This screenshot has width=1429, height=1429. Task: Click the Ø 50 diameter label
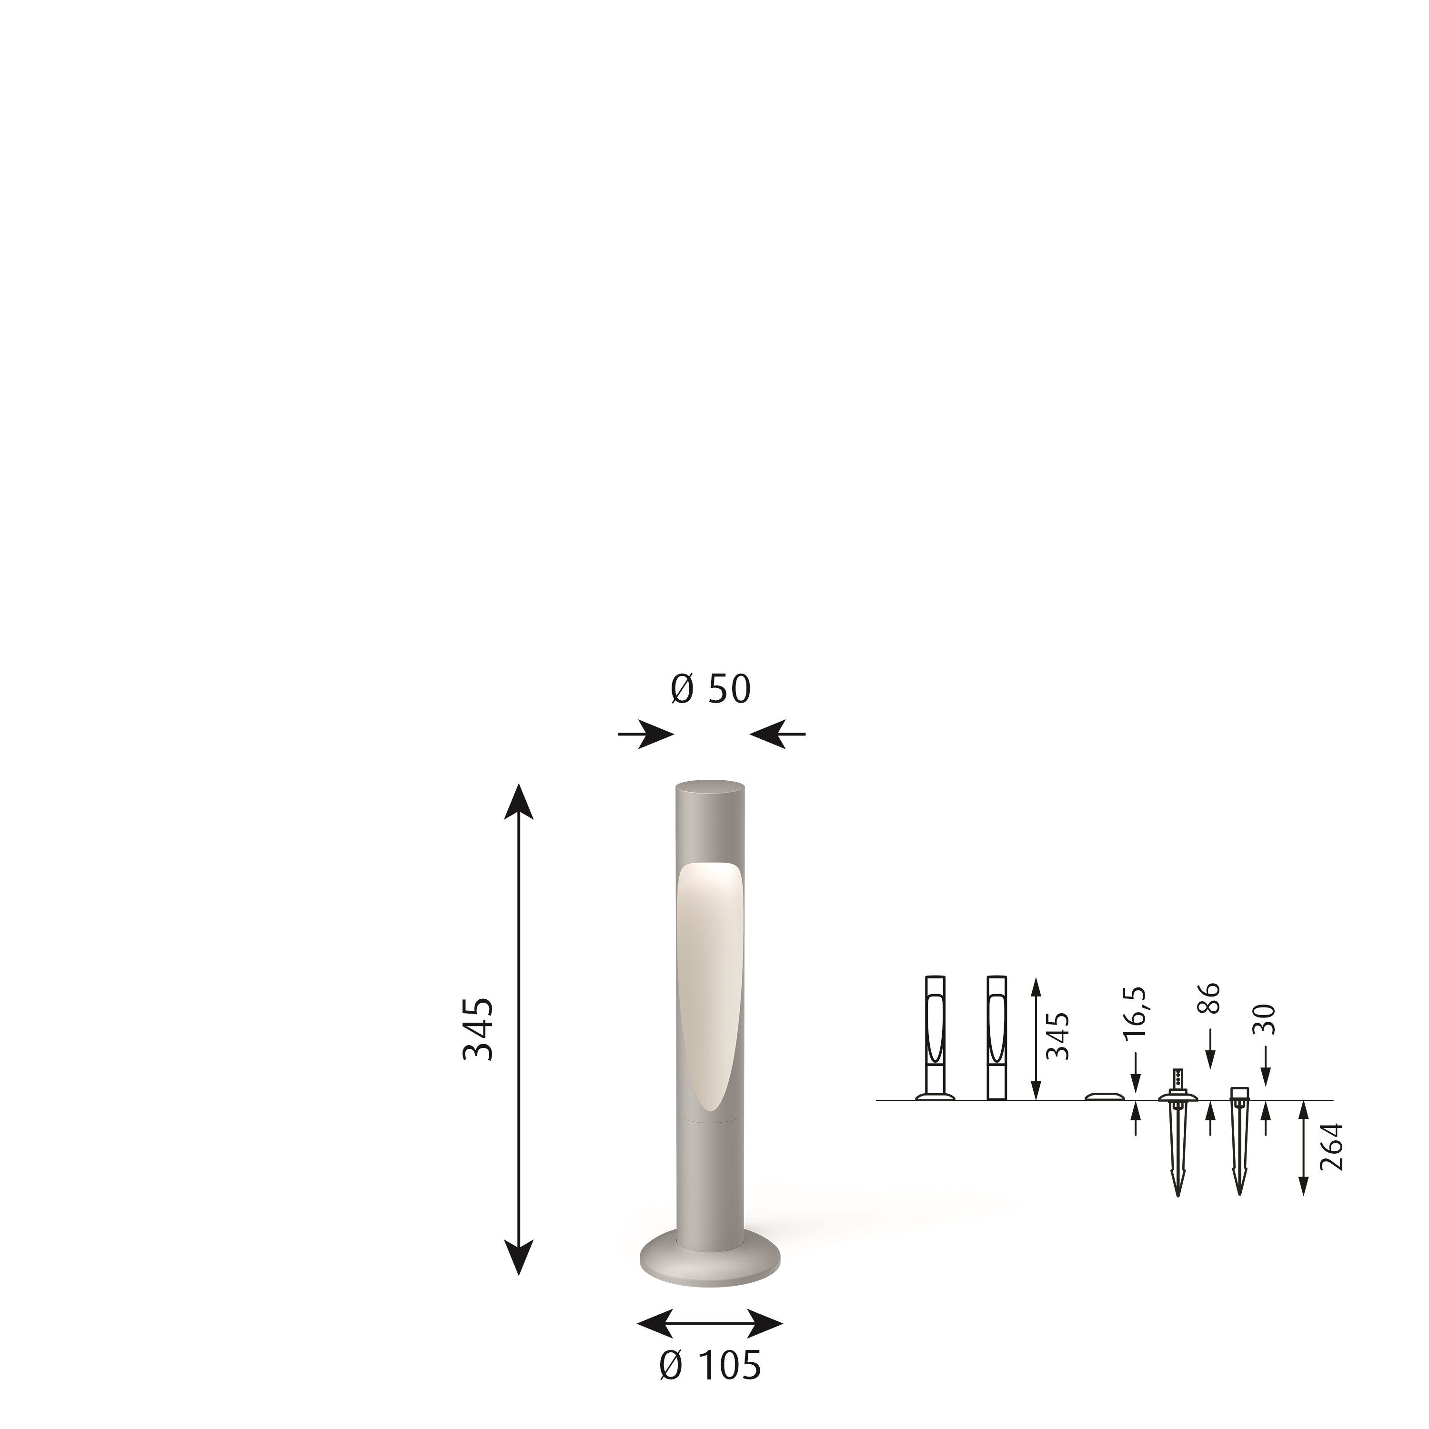710,689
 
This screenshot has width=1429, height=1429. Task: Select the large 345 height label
478,1029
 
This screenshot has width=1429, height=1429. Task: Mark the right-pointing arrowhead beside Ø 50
657,735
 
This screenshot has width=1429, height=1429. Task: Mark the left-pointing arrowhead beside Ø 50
767,735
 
